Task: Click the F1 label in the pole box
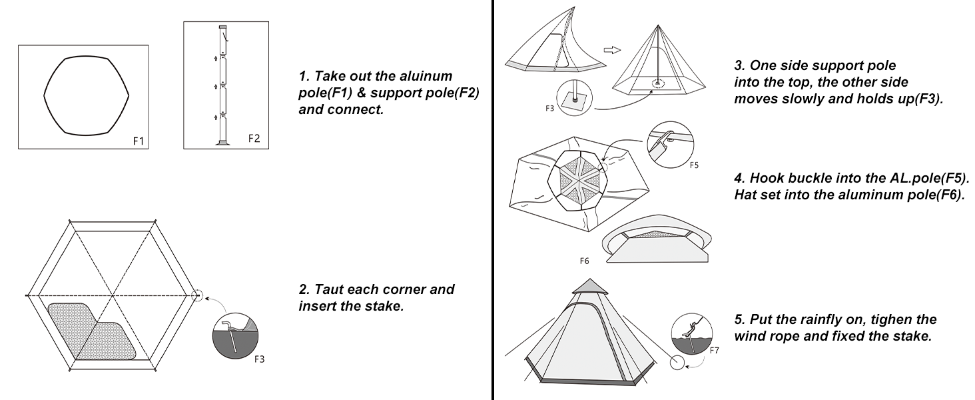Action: (x=139, y=141)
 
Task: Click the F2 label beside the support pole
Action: (x=254, y=139)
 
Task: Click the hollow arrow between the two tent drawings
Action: (x=612, y=50)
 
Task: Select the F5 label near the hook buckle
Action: (x=693, y=166)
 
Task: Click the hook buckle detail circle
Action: (x=671, y=145)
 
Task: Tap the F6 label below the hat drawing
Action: (x=583, y=261)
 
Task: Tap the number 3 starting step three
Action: (x=738, y=65)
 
